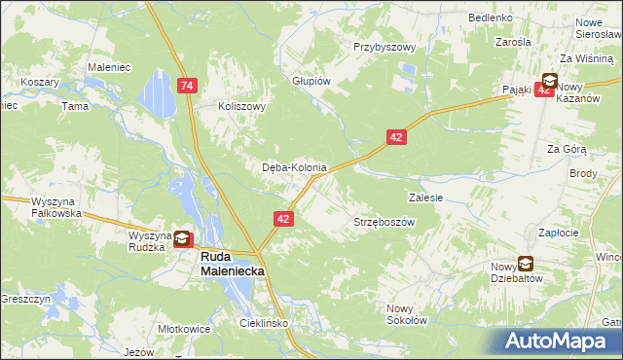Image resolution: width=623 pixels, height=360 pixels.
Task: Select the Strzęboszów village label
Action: [x=384, y=222]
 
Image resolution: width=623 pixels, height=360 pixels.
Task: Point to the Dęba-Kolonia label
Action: [x=294, y=167]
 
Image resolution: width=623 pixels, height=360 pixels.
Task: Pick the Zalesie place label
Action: [x=426, y=197]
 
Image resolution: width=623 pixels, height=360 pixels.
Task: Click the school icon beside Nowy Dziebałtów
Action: [x=526, y=263]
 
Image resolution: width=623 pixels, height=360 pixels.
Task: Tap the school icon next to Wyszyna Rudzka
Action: [x=182, y=237]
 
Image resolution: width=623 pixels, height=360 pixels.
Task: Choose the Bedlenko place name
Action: [x=491, y=18]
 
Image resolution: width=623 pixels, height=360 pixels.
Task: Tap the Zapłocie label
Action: [x=559, y=233]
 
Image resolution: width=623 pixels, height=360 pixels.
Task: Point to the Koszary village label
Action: [x=40, y=83]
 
